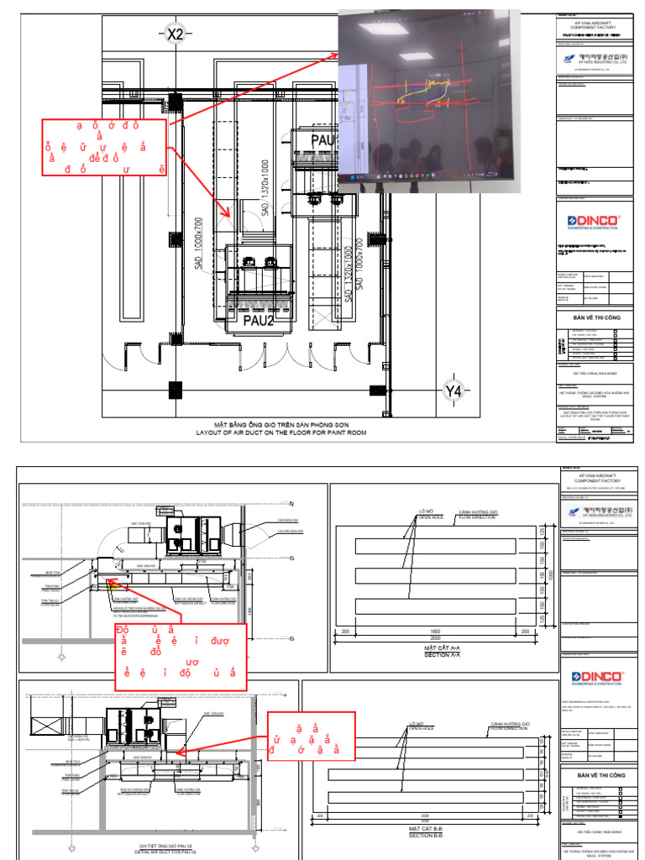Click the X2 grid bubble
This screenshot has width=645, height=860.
pyautogui.click(x=175, y=34)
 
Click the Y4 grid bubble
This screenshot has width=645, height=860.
pyautogui.click(x=454, y=391)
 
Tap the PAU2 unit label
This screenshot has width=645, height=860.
pyautogui.click(x=260, y=320)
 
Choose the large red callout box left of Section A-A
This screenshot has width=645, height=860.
pyautogui.click(x=179, y=656)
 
